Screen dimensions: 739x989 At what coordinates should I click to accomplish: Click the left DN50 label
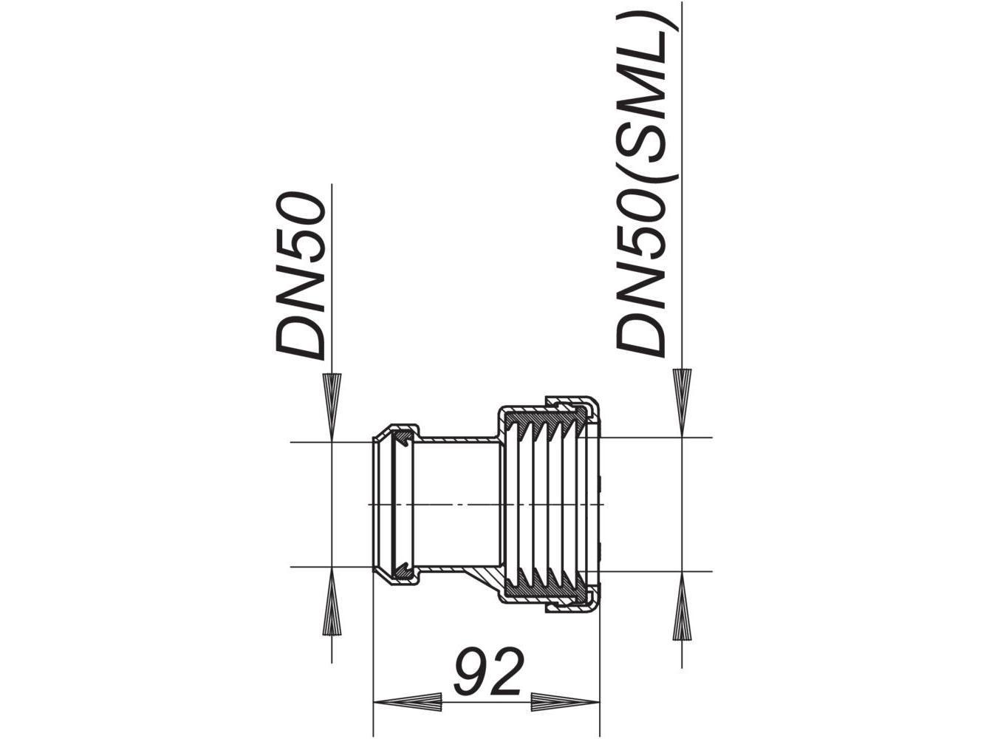pyautogui.click(x=301, y=278)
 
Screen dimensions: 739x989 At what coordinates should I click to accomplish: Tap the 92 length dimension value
pyautogui.click(x=488, y=671)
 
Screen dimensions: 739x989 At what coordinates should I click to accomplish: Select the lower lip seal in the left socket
pyautogui.click(x=402, y=568)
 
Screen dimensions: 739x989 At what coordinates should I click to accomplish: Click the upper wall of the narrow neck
pyautogui.click(x=458, y=439)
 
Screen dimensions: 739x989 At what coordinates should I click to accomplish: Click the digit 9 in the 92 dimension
pyautogui.click(x=470, y=671)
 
